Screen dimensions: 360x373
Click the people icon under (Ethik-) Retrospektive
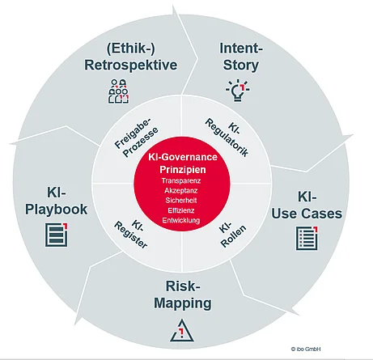tap(119, 91)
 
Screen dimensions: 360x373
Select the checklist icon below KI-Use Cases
tap(305, 238)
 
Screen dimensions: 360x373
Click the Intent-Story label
tap(241, 56)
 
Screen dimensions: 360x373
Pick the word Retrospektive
tap(130, 64)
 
